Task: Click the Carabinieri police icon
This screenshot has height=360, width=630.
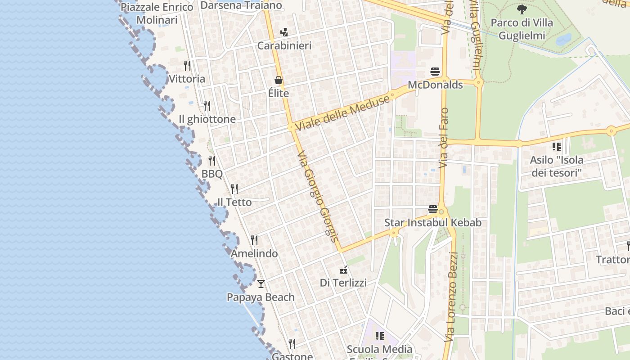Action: tap(284, 32)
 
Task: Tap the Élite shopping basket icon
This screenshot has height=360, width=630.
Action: tap(279, 80)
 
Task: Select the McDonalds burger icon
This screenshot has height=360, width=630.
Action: tap(435, 72)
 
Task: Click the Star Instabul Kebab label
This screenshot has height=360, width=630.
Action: tap(432, 223)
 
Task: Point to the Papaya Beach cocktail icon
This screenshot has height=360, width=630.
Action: tap(261, 284)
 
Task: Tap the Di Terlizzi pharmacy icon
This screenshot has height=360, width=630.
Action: tap(343, 270)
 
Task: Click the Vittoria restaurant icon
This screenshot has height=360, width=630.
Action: tap(187, 66)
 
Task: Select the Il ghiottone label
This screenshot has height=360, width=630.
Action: tap(207, 119)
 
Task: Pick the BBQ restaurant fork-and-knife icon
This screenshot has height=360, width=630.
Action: tap(212, 161)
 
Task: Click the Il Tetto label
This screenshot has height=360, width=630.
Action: tap(234, 202)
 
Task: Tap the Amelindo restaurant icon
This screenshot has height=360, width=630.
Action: tap(254, 240)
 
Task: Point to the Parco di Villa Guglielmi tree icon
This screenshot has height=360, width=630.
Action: tap(522, 9)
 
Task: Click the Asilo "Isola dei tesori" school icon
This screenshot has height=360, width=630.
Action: tap(557, 147)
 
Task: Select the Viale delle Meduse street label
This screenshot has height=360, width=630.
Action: tap(342, 112)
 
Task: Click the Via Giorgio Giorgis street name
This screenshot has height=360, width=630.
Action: tap(317, 196)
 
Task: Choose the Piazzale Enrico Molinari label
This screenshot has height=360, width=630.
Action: tap(157, 13)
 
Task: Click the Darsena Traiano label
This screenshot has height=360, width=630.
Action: tap(241, 5)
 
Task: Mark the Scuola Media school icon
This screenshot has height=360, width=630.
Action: tap(380, 336)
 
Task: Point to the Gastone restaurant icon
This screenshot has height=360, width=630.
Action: tap(292, 344)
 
